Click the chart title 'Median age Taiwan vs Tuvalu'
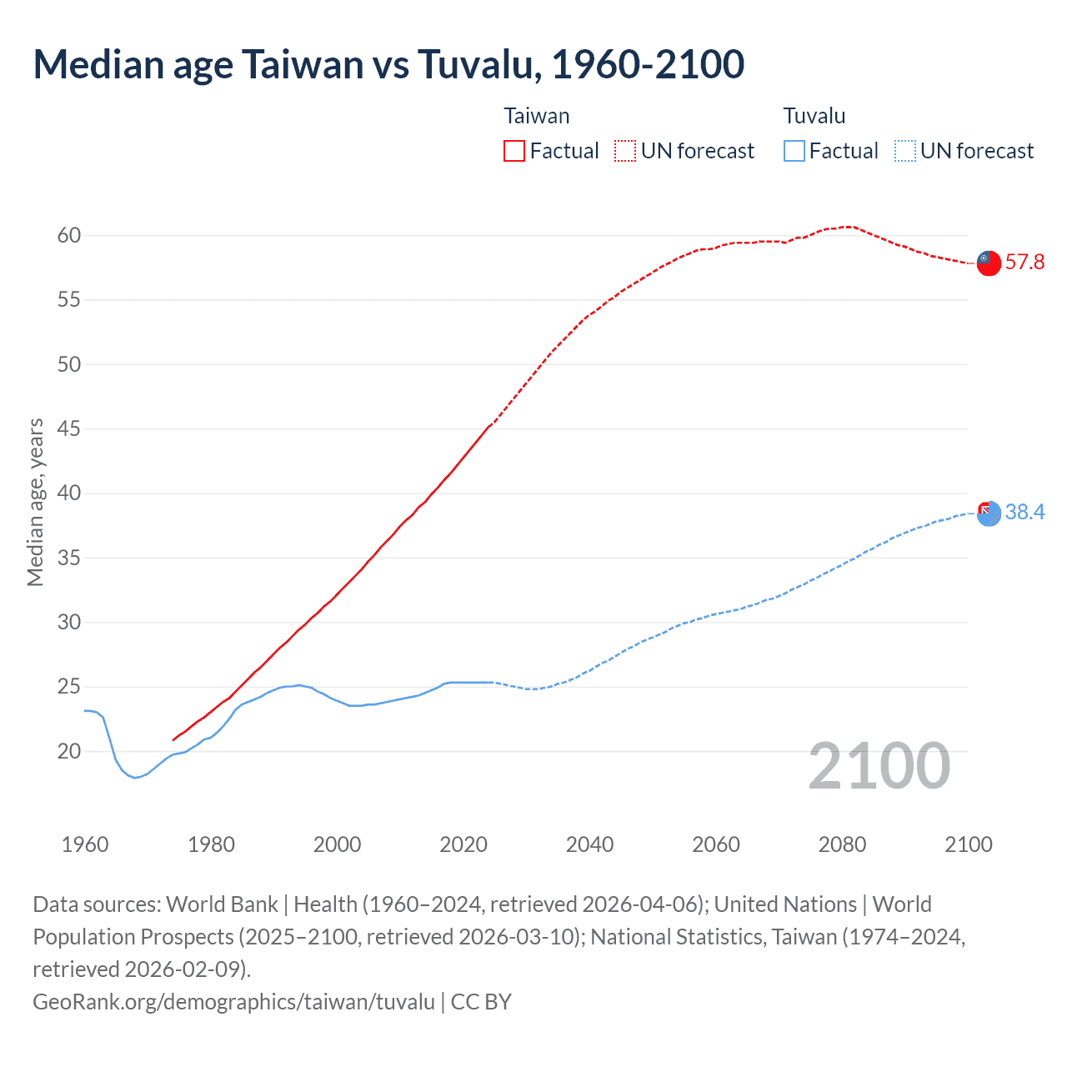[x=388, y=65]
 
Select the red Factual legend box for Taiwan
[x=514, y=151]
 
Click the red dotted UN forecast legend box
[x=624, y=151]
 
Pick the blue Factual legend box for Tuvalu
[x=794, y=151]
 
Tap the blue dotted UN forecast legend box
[x=904, y=151]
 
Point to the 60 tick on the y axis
[x=69, y=236]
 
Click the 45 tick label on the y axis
[x=69, y=429]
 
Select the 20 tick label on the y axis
[x=69, y=752]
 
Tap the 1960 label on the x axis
[x=85, y=844]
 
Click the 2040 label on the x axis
[x=589, y=844]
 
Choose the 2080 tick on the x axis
[x=842, y=844]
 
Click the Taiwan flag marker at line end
[x=988, y=262]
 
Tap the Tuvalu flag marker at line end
[x=988, y=513]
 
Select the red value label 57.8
[x=1024, y=263]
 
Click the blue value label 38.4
[x=1024, y=513]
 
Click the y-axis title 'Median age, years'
[x=35, y=503]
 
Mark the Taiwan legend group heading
[x=537, y=116]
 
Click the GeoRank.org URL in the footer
[x=233, y=1001]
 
